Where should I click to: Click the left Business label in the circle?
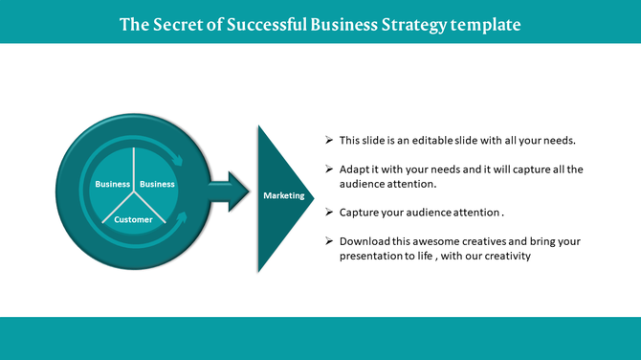tap(112, 184)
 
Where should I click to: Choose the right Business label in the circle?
tap(157, 184)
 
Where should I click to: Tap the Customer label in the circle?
tap(133, 219)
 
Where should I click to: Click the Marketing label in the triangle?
tap(283, 195)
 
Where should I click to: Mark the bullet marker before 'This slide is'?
tap(329, 140)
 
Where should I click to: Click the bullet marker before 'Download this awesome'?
tap(329, 241)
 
